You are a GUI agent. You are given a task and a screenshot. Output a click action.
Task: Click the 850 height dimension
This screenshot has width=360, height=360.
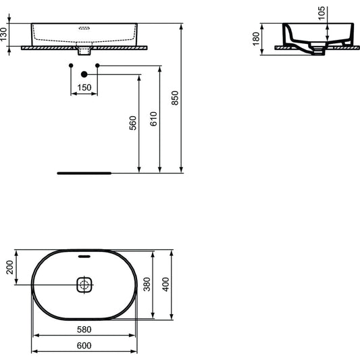click(x=176, y=100)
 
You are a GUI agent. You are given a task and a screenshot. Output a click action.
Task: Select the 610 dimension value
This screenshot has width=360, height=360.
click(x=153, y=120)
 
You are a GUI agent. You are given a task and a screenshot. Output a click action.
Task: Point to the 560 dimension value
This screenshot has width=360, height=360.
click(x=132, y=122)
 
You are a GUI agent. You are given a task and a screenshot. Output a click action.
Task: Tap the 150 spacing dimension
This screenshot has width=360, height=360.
click(x=84, y=88)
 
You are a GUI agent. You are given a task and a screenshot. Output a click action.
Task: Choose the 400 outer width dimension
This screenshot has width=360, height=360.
click(x=166, y=285)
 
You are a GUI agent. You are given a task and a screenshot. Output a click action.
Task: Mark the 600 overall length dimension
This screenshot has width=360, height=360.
click(x=84, y=344)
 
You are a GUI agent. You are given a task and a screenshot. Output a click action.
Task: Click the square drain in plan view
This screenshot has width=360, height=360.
click(x=84, y=284)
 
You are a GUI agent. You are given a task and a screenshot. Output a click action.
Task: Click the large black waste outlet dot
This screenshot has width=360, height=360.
click(x=84, y=74)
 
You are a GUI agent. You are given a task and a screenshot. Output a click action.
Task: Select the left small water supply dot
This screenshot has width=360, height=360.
click(x=71, y=65)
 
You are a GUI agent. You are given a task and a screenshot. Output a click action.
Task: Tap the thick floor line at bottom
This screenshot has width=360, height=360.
click(x=84, y=172)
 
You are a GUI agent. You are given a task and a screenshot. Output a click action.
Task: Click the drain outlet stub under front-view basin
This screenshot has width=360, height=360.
click(x=84, y=50)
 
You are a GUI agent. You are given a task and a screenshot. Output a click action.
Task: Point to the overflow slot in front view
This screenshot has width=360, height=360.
click(x=84, y=28)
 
